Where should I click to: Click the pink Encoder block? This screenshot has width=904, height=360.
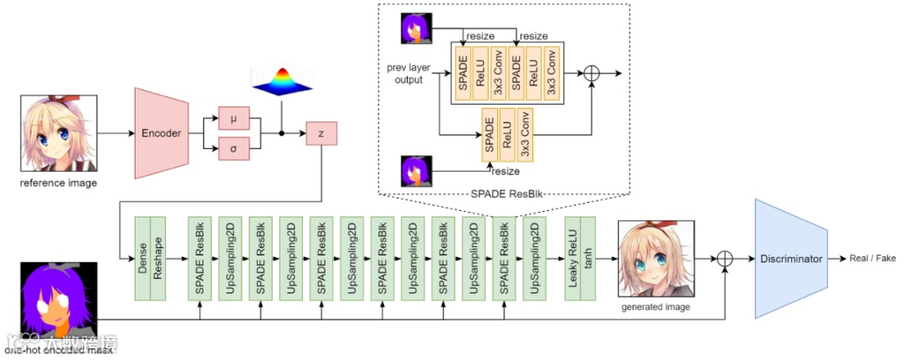click(161, 132)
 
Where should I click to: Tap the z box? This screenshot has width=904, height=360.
click(322, 132)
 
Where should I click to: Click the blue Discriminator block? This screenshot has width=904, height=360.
click(790, 259)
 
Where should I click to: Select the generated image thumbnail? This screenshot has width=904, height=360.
click(655, 260)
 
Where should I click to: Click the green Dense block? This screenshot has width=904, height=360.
click(142, 259)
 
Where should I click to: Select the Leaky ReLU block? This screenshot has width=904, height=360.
click(573, 259)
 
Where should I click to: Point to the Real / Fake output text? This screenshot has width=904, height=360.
click(872, 259)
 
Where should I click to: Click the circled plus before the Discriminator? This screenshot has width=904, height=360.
click(725, 259)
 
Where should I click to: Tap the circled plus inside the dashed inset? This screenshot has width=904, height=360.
click(592, 73)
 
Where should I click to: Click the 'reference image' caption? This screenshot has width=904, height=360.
click(59, 183)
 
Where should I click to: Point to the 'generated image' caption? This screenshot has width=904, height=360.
click(655, 307)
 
